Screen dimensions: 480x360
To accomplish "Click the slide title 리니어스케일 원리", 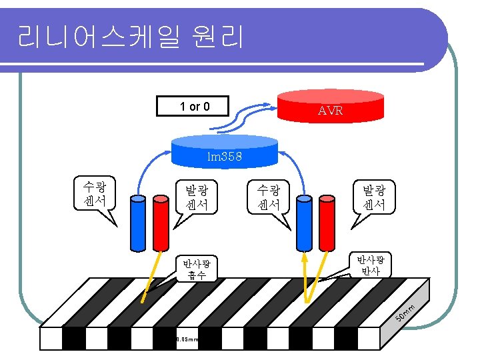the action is pyautogui.click(x=131, y=37).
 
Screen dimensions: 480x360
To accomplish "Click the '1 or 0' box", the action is pyautogui.click(x=193, y=106).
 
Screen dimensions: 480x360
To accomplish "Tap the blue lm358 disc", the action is pyautogui.click(x=224, y=151).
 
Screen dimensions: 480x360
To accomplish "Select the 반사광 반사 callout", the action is pyautogui.click(x=370, y=264).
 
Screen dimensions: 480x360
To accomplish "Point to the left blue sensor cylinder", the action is pyautogui.click(x=139, y=223).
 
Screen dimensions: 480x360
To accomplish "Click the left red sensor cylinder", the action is pyautogui.click(x=160, y=223).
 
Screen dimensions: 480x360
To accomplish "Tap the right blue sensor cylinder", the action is pyautogui.click(x=304, y=223).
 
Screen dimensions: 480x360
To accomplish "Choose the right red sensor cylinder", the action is pyautogui.click(x=325, y=223).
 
